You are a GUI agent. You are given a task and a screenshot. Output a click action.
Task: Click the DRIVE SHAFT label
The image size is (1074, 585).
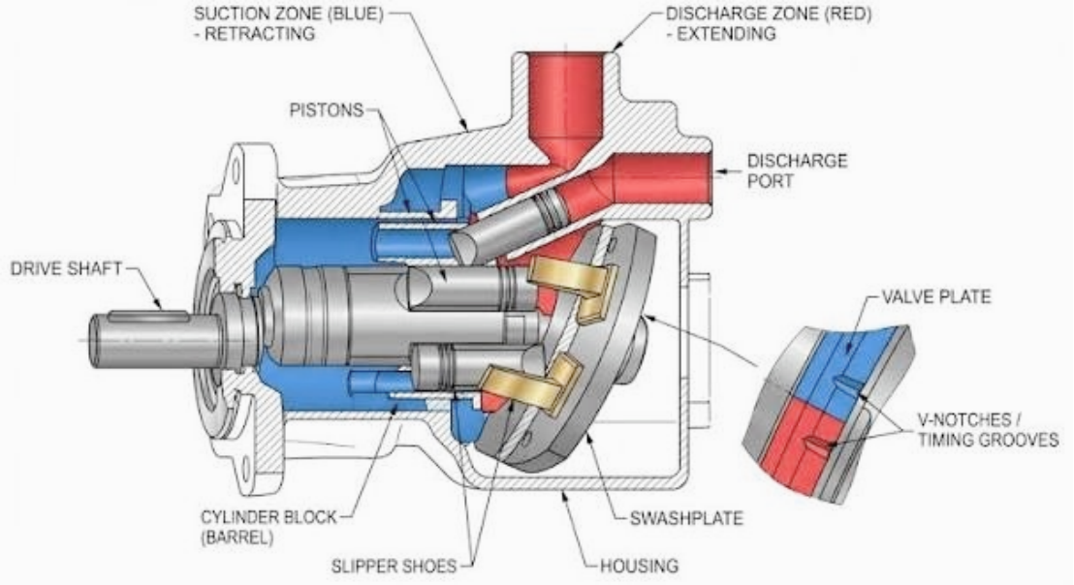[x=67, y=269]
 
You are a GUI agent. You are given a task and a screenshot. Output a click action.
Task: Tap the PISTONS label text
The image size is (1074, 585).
[x=326, y=109]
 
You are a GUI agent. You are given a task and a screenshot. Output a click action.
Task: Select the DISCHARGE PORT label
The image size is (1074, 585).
[x=798, y=170]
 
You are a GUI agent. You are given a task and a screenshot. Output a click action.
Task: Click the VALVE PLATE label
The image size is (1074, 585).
[x=935, y=297]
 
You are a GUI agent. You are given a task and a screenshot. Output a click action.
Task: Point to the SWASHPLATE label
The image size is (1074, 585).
[x=686, y=518]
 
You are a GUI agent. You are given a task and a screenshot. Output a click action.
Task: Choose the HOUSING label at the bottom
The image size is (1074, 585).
[x=639, y=566]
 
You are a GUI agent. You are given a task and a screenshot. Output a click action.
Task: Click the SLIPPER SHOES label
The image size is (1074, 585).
[x=394, y=567]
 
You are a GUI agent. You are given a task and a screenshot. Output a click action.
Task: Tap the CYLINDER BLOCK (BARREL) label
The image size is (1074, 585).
[x=268, y=527]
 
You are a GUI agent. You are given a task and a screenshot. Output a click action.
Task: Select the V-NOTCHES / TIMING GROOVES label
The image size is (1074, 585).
[x=988, y=430]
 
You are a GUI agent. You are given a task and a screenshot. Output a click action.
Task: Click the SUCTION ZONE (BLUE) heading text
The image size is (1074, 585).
[x=288, y=14]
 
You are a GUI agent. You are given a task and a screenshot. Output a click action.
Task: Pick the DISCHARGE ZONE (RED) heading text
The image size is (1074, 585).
[x=769, y=14]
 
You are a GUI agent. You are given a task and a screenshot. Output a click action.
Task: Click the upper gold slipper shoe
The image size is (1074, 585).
[x=574, y=286]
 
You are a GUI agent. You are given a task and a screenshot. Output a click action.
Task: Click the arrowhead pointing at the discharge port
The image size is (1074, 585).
[x=718, y=170]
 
